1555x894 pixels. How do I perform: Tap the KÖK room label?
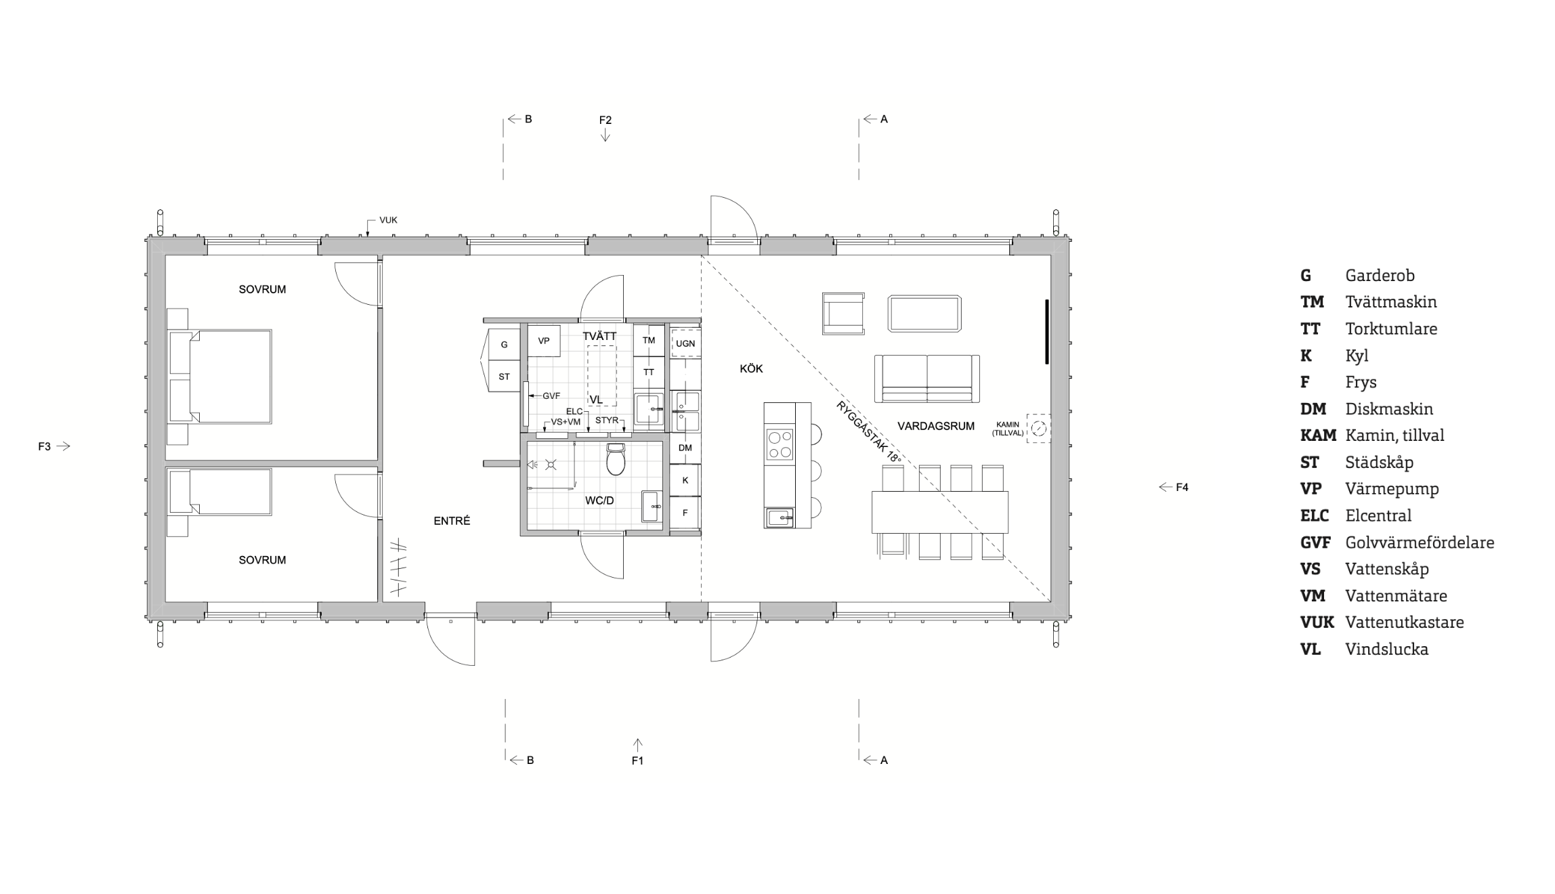pos(751,369)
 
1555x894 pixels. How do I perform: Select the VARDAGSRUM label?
pos(936,426)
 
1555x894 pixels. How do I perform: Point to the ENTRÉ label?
pos(452,521)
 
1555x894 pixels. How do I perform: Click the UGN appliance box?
pos(685,343)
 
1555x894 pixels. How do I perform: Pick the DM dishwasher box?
pos(685,448)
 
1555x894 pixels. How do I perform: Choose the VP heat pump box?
pos(544,341)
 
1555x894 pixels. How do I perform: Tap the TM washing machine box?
pos(649,341)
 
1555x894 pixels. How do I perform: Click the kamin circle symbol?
pos(1039,428)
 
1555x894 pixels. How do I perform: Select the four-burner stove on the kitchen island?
pos(780,444)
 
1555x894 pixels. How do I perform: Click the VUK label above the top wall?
pos(388,220)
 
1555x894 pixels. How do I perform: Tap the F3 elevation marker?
pos(54,446)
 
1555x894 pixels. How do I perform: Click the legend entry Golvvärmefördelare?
pos(1420,542)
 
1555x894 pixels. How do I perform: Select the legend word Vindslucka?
pos(1387,649)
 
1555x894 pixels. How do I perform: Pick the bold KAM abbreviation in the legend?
pos(1318,435)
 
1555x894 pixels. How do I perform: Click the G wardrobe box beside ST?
pos(504,345)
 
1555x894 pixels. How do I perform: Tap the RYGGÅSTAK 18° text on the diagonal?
pos(870,432)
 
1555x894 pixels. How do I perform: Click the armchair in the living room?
pos(843,314)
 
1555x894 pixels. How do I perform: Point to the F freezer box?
pos(685,513)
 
